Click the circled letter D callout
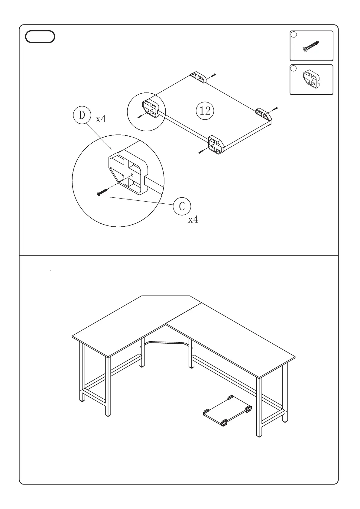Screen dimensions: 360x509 82,115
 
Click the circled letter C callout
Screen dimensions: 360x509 182,206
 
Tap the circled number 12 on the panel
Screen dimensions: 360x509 205,111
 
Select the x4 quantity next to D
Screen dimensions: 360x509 101,119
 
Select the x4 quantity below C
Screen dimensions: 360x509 193,219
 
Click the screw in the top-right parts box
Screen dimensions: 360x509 311,46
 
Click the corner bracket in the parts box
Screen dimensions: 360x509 311,79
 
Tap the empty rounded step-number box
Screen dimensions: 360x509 40,37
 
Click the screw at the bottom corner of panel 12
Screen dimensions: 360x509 200,152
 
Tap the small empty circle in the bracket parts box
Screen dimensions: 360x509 294,69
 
